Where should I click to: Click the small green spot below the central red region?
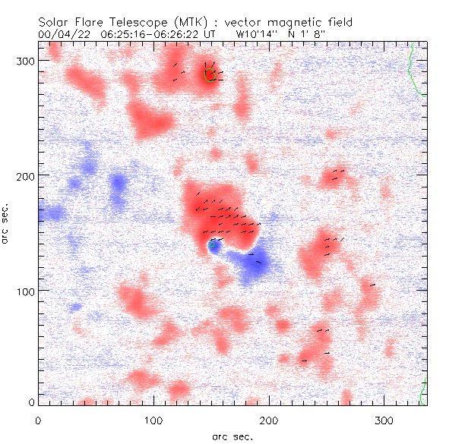click(214, 245)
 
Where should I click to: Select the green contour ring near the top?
click(210, 74)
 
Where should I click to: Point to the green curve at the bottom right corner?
click(422, 392)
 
